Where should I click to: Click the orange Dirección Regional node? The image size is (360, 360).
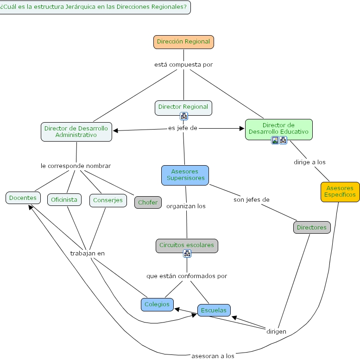pyautogui.click(x=183, y=42)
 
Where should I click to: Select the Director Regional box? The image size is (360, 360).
pyautogui.click(x=183, y=107)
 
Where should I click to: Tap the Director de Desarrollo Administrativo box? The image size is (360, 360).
pyautogui.click(x=76, y=131)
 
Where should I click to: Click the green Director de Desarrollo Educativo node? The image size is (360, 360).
pyautogui.click(x=278, y=129)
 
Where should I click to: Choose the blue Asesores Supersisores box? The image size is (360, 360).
pyautogui.click(x=185, y=175)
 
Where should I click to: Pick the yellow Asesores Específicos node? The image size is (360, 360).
pyautogui.click(x=340, y=192)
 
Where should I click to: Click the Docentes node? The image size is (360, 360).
pyautogui.click(x=23, y=198)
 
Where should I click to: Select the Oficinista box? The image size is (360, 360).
pyautogui.click(x=64, y=200)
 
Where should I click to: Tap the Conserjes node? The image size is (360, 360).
pyautogui.click(x=108, y=200)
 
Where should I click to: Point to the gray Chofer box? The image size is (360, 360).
pyautogui.click(x=148, y=202)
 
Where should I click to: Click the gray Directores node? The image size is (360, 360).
pyautogui.click(x=312, y=227)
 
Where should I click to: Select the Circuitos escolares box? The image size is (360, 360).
pyautogui.click(x=187, y=245)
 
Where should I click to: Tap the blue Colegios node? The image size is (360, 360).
pyautogui.click(x=157, y=304)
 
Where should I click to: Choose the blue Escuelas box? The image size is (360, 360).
pyautogui.click(x=214, y=310)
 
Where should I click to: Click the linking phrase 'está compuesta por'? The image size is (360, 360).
pyautogui.click(x=183, y=65)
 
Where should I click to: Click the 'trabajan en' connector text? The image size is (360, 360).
pyautogui.click(x=88, y=253)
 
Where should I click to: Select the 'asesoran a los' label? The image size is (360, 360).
pyautogui.click(x=213, y=356)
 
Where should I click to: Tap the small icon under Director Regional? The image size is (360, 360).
pyautogui.click(x=184, y=116)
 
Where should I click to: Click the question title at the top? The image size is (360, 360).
pyautogui.click(x=95, y=7)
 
